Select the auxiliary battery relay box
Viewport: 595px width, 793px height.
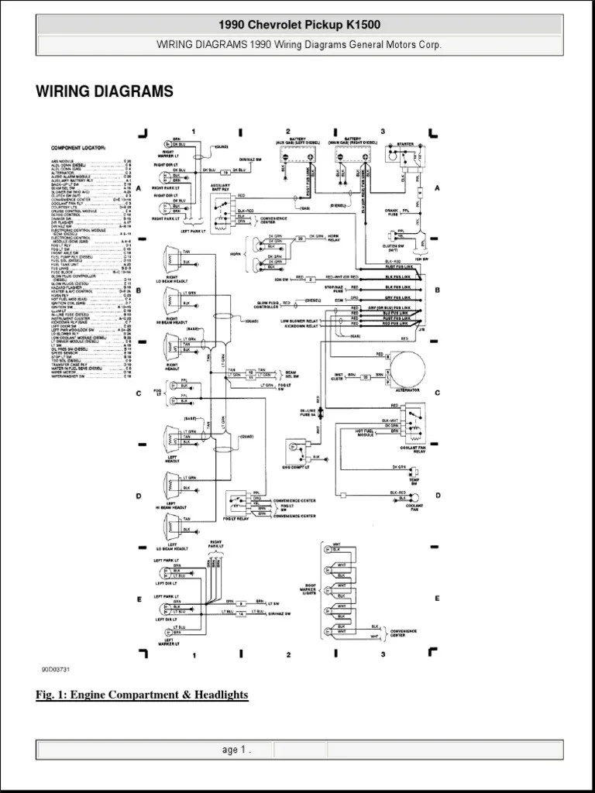click(x=224, y=208)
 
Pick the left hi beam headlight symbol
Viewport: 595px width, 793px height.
click(x=169, y=486)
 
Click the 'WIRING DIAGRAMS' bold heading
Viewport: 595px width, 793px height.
click(x=105, y=92)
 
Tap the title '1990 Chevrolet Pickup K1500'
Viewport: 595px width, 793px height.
click(x=299, y=26)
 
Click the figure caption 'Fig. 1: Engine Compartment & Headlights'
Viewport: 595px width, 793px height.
click(x=142, y=695)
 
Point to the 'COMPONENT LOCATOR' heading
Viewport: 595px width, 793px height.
click(x=78, y=148)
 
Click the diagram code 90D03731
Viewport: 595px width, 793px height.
click(x=57, y=670)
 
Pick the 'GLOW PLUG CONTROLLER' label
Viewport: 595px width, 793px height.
click(x=267, y=306)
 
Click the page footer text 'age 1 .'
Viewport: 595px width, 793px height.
click(x=236, y=750)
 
